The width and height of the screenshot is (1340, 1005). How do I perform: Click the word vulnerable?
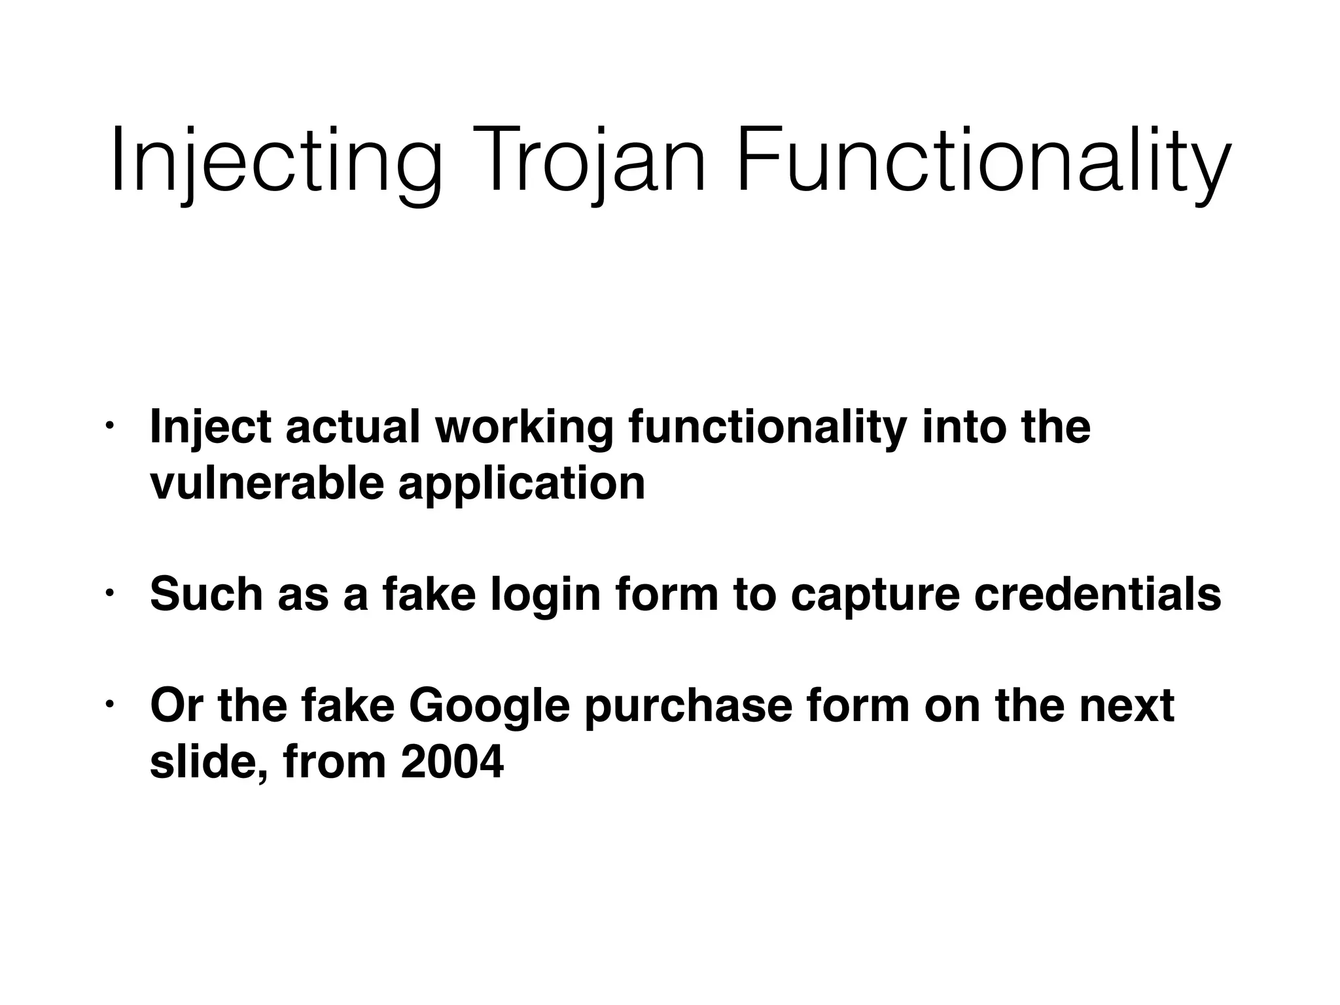266,484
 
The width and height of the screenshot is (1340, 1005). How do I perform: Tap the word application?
521,485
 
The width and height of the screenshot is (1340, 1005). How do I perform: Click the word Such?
206,595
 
